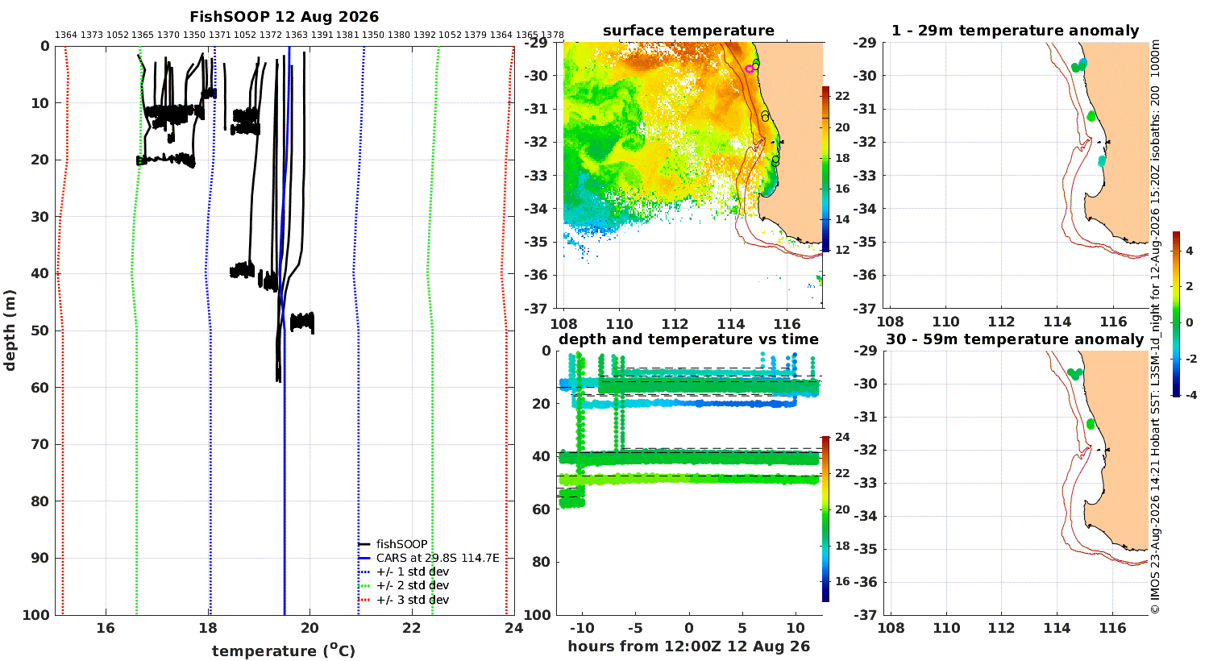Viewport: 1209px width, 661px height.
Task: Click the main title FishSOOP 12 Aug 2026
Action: [284, 17]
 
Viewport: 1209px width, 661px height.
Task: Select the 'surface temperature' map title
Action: [688, 31]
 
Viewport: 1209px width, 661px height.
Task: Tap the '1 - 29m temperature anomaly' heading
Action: [1016, 31]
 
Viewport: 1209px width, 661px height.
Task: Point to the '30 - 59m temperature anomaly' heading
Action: [1015, 339]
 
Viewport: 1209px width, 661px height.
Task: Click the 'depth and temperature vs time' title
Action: [688, 339]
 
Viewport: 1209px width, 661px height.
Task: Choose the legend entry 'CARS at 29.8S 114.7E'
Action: [437, 558]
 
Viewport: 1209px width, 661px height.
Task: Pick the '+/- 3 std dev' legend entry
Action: [413, 600]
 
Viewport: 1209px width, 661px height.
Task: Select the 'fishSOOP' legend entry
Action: [401, 544]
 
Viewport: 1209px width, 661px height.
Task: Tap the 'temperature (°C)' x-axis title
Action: [284, 651]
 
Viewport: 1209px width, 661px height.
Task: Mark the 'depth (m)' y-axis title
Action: [10, 330]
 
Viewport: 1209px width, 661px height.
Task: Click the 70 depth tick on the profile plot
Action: [40, 445]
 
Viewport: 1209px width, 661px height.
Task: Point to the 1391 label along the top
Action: [322, 35]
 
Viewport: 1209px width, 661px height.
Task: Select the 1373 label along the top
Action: [92, 35]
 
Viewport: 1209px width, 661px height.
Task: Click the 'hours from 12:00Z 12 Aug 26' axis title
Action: [688, 646]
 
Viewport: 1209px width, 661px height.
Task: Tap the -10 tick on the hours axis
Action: [582, 629]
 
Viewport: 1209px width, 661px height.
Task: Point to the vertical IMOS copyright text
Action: [1154, 327]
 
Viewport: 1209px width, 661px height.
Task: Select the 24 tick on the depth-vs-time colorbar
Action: [842, 437]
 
